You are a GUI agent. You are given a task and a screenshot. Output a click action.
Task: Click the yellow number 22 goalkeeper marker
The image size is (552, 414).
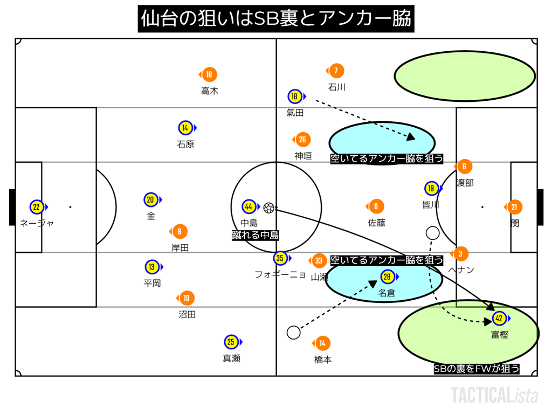(37, 207)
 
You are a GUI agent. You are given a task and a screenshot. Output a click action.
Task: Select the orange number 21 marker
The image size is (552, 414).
(514, 207)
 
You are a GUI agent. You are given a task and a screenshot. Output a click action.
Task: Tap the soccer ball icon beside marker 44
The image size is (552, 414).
(269, 208)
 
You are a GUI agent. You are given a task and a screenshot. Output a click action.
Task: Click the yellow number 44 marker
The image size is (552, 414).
(249, 207)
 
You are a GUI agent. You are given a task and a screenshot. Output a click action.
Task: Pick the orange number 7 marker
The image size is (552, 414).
(336, 71)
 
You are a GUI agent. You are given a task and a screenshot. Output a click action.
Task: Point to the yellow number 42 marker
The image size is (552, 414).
(499, 319)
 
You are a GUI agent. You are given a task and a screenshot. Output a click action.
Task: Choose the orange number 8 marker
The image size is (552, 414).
(376, 206)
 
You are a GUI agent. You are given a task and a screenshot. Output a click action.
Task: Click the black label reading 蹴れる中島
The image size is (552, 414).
(255, 235)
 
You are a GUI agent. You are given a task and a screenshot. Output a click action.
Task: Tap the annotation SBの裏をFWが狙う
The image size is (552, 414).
(477, 369)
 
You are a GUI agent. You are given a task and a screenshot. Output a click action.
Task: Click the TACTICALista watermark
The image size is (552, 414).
(494, 395)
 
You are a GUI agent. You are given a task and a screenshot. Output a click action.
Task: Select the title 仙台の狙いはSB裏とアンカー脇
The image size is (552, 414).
(276, 19)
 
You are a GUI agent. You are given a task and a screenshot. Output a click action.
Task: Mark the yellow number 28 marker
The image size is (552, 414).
(387, 277)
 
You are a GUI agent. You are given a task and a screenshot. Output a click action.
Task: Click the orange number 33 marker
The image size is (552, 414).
(319, 261)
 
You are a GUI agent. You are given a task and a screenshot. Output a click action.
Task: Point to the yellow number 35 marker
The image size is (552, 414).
(280, 258)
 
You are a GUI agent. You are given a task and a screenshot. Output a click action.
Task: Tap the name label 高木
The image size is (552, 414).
(210, 91)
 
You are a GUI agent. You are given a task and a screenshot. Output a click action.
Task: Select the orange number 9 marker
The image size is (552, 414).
(179, 232)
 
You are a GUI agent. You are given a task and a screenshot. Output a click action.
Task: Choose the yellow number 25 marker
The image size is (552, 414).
(231, 342)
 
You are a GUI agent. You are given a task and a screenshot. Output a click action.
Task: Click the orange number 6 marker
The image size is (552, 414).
(464, 167)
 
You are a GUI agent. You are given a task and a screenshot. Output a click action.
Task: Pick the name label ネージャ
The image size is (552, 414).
(37, 223)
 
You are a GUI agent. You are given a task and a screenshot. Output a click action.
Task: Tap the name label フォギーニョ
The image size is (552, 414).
(280, 274)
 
